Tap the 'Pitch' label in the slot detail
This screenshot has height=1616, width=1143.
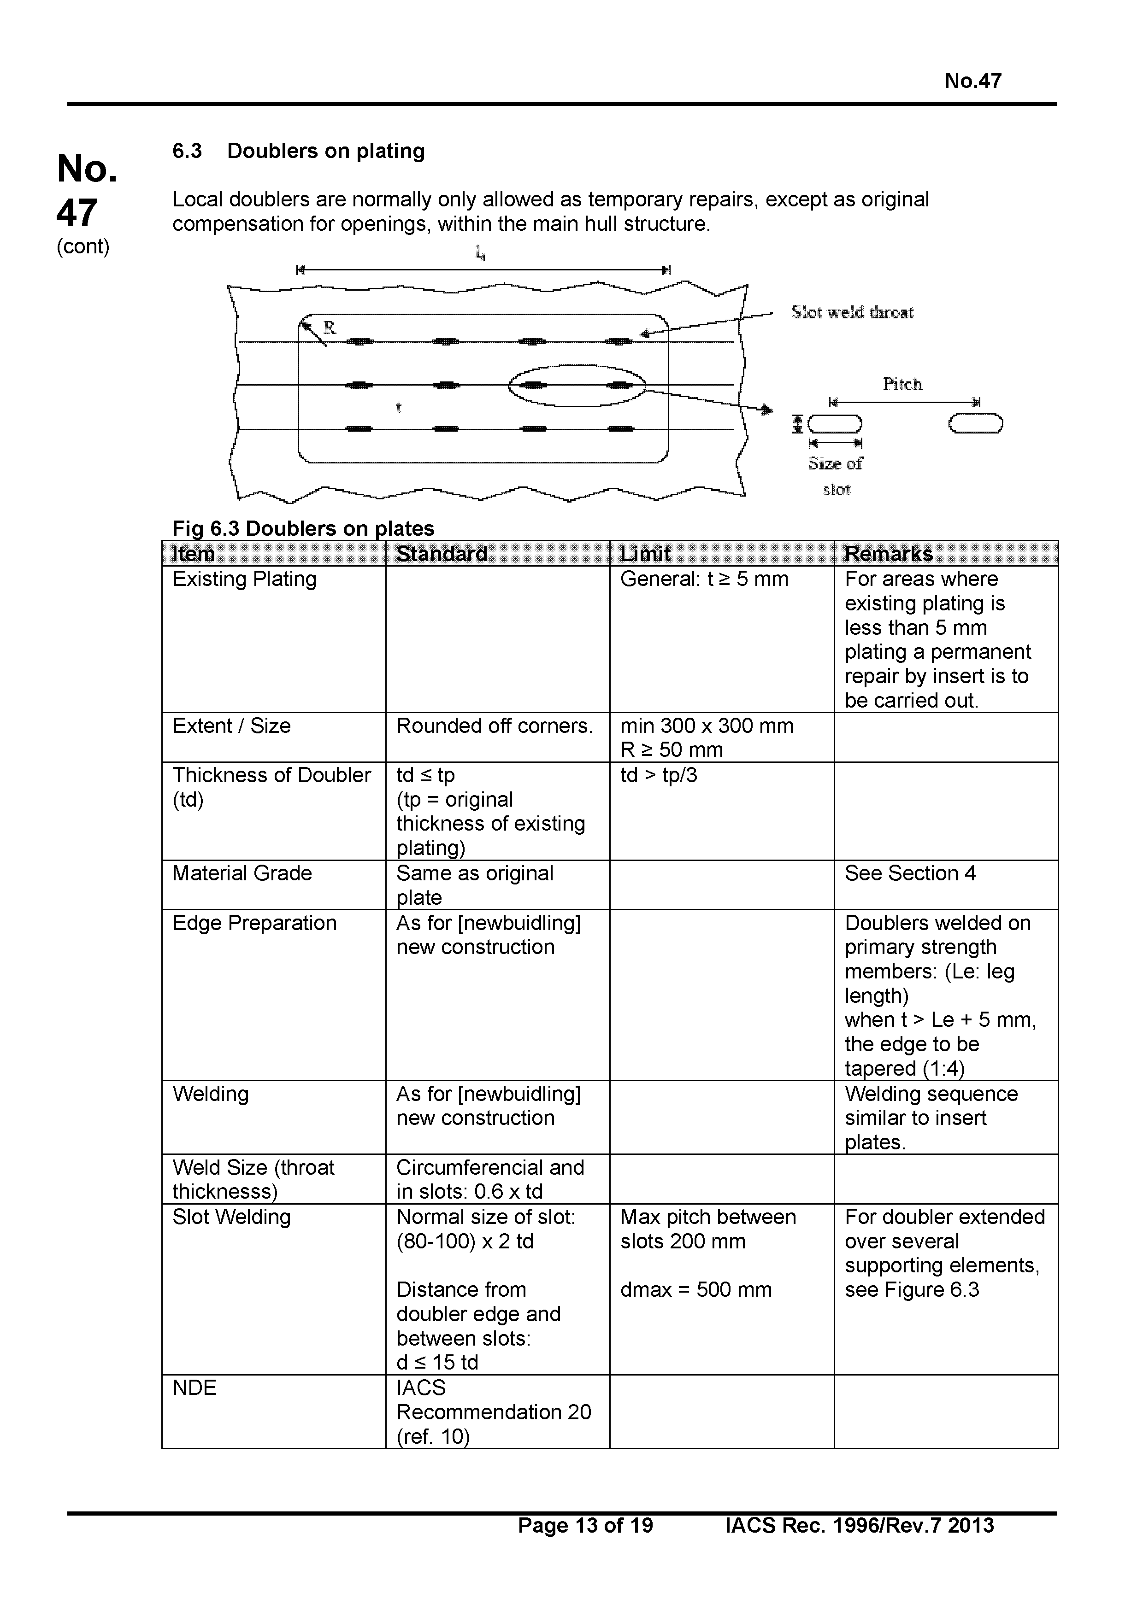pos(902,384)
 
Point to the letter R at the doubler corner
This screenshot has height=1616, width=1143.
pos(330,328)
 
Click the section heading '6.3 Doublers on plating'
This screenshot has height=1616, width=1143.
pos(299,151)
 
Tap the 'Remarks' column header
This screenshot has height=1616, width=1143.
pos(888,554)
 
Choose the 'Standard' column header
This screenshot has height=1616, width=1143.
pos(442,554)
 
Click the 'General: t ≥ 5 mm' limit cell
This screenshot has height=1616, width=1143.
pos(704,579)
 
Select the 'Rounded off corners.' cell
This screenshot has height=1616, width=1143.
pos(495,726)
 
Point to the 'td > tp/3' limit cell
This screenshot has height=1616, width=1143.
pos(659,775)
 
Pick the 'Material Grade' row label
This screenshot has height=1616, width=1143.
pos(242,873)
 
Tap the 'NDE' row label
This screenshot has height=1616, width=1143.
pos(194,1388)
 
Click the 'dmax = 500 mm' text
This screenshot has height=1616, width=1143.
pos(696,1289)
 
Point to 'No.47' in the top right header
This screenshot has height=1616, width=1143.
pos(972,81)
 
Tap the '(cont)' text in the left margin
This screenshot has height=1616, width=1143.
pos(83,246)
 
